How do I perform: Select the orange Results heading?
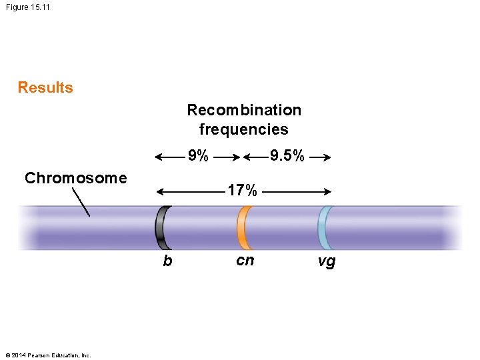click(x=45, y=88)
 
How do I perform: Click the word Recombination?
click(x=244, y=110)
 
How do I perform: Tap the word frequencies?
click(x=244, y=129)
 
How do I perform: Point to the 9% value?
click(x=198, y=157)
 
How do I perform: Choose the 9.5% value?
click(x=287, y=157)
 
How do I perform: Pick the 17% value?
click(x=242, y=191)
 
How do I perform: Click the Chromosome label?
click(x=75, y=178)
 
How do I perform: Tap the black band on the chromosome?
click(x=162, y=227)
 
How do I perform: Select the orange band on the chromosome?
click(x=245, y=227)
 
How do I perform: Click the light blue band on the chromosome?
click(x=325, y=227)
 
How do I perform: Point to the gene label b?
click(x=167, y=261)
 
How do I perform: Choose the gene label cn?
click(x=245, y=261)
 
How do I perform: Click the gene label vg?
click(x=327, y=261)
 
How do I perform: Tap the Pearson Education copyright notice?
click(x=47, y=354)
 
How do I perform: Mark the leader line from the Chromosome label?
click(x=80, y=201)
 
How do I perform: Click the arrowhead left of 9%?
click(x=159, y=158)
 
